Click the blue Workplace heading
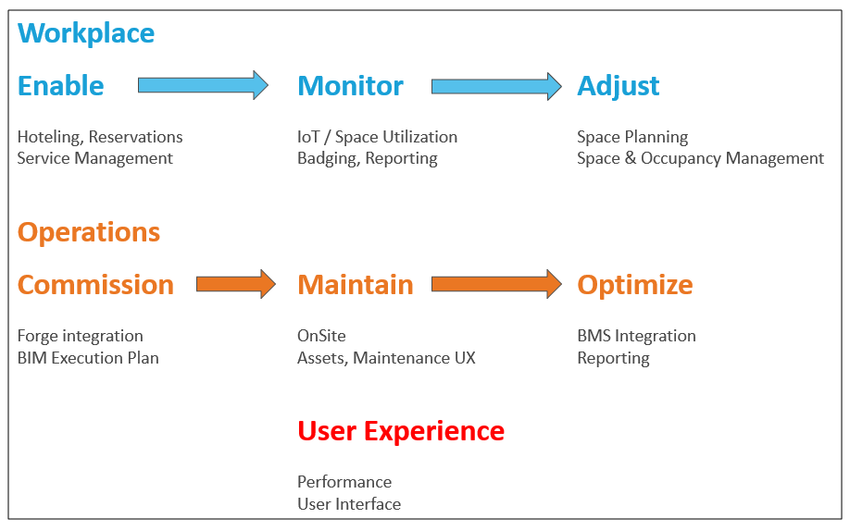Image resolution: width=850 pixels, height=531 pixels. (x=86, y=33)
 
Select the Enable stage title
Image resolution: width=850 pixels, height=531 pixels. (x=61, y=86)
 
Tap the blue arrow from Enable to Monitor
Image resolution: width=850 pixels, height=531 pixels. (x=204, y=85)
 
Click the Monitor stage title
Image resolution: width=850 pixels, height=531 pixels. (x=351, y=86)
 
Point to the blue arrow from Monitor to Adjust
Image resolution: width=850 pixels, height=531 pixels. (x=496, y=86)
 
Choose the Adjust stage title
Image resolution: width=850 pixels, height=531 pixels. (x=618, y=87)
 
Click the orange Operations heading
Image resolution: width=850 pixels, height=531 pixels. (x=89, y=232)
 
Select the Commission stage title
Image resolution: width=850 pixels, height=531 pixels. (x=95, y=285)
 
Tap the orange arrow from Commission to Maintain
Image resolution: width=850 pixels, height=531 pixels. (x=236, y=284)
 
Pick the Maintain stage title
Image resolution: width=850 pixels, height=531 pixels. (x=356, y=285)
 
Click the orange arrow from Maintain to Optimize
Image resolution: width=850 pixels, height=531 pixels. (x=496, y=284)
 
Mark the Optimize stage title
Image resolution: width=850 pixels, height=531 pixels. (x=635, y=286)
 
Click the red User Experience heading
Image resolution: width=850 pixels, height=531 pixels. (x=401, y=432)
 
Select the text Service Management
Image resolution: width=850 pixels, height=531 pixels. (x=94, y=158)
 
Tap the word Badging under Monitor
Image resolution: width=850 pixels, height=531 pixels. (x=329, y=159)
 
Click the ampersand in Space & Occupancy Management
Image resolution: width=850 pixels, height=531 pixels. (x=630, y=158)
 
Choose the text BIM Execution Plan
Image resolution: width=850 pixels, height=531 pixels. (x=88, y=358)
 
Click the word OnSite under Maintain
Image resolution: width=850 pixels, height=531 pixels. (x=321, y=336)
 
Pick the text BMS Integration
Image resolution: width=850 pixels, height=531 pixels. (x=636, y=337)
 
